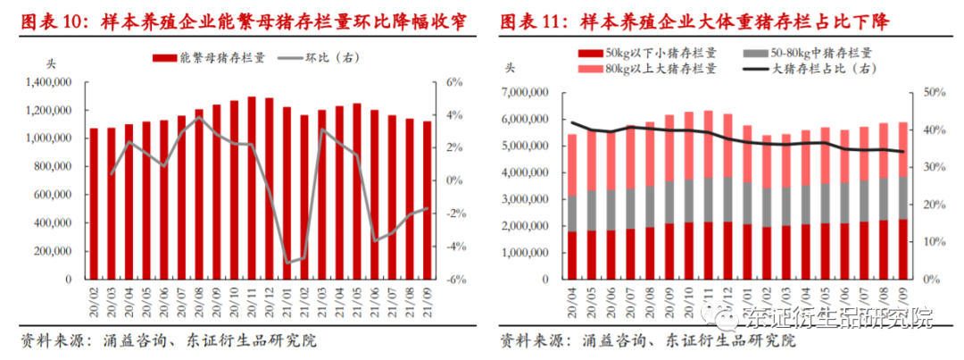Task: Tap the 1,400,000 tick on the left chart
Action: tap(46, 82)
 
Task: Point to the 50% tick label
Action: tap(932, 92)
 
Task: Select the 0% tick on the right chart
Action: tap(928, 280)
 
